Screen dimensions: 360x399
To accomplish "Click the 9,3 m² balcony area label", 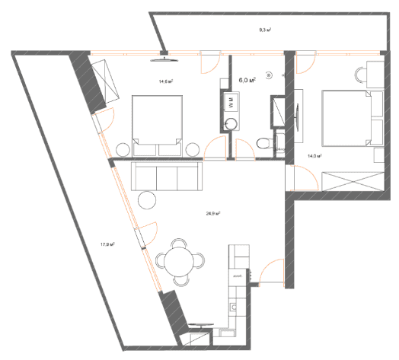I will (x=266, y=30).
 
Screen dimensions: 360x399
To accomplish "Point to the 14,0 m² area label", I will (x=313, y=155).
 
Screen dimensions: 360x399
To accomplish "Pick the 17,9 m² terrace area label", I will (x=107, y=244).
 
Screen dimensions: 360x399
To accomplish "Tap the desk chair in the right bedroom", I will (x=362, y=75).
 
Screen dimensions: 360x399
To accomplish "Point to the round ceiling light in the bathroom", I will (x=269, y=75).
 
